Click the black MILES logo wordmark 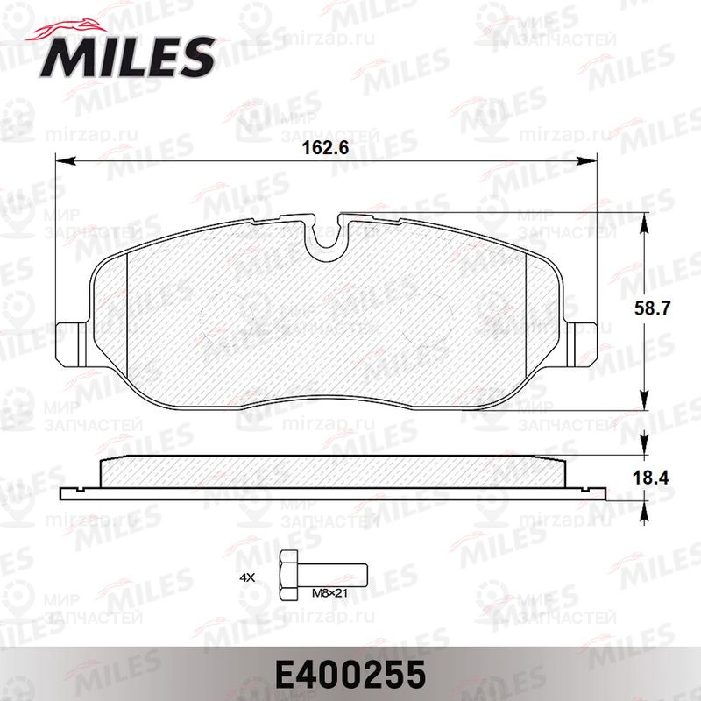point(127,57)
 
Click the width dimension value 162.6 point(325,148)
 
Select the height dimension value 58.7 point(652,308)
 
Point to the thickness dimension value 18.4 point(651,478)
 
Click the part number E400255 point(350,675)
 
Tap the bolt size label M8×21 point(329,594)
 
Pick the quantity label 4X point(247,577)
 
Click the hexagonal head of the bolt point(287,576)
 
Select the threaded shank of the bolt point(332,576)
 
